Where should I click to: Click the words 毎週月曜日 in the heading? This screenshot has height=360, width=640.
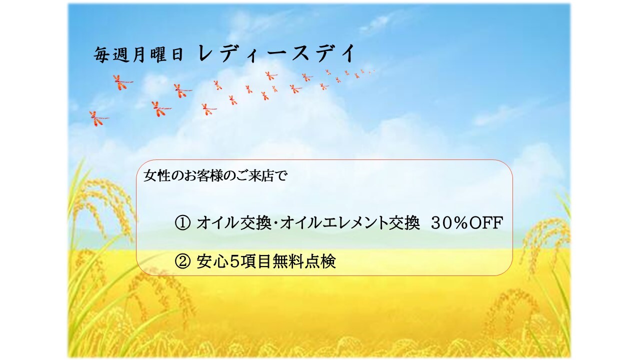pos(138,54)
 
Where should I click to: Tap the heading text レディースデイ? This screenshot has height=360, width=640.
pos(276,53)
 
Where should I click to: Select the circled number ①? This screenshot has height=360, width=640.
pos(182,223)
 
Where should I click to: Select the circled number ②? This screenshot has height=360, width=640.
pos(182,261)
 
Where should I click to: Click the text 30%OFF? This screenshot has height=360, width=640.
pos(467,223)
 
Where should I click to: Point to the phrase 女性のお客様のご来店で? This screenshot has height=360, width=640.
pos(215,175)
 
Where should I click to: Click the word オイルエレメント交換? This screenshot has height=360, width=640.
pos(349,223)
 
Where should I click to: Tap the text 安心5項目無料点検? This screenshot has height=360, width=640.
pos(266,261)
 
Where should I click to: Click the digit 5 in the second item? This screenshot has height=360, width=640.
pos(234,261)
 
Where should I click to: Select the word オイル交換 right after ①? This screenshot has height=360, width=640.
pos(233,223)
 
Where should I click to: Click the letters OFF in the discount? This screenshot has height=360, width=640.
pos(485,223)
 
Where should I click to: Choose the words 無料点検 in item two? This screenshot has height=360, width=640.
pos(304,261)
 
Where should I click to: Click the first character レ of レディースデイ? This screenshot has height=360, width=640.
pos(205,53)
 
